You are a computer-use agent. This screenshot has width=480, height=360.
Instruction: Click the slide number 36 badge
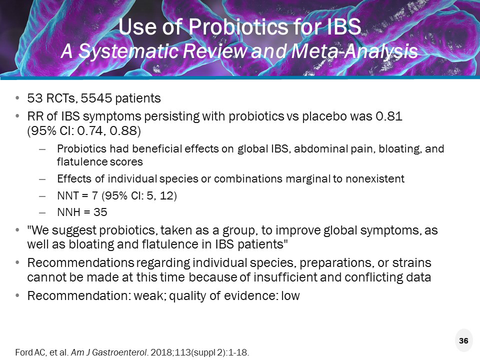click(x=463, y=340)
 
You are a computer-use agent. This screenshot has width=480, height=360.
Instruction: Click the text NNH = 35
click(x=82, y=212)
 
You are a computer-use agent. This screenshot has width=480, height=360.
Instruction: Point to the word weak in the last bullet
click(x=148, y=296)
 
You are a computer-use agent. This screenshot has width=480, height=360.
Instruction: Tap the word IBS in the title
click(x=341, y=28)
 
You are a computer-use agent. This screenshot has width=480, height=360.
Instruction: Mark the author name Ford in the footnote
click(x=23, y=352)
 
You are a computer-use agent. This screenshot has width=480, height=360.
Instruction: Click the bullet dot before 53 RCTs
click(x=18, y=97)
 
